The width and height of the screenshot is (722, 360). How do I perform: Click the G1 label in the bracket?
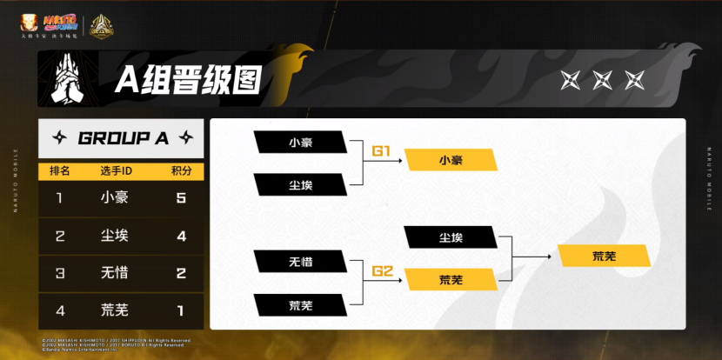[384, 151]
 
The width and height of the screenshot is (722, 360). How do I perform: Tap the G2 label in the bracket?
[384, 270]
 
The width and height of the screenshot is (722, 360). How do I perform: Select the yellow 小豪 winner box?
[451, 160]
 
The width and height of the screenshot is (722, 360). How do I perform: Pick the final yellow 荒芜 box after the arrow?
[605, 257]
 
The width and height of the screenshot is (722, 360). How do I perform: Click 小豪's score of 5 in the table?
[181, 197]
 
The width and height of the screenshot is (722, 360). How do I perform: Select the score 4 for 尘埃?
[181, 236]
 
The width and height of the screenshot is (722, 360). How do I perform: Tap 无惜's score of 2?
[181, 273]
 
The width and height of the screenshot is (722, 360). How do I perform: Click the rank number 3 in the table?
[59, 273]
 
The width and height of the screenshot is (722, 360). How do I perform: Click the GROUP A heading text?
[124, 138]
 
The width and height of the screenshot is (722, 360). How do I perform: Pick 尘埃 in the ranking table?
[115, 236]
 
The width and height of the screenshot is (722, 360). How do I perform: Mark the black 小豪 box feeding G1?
[298, 141]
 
